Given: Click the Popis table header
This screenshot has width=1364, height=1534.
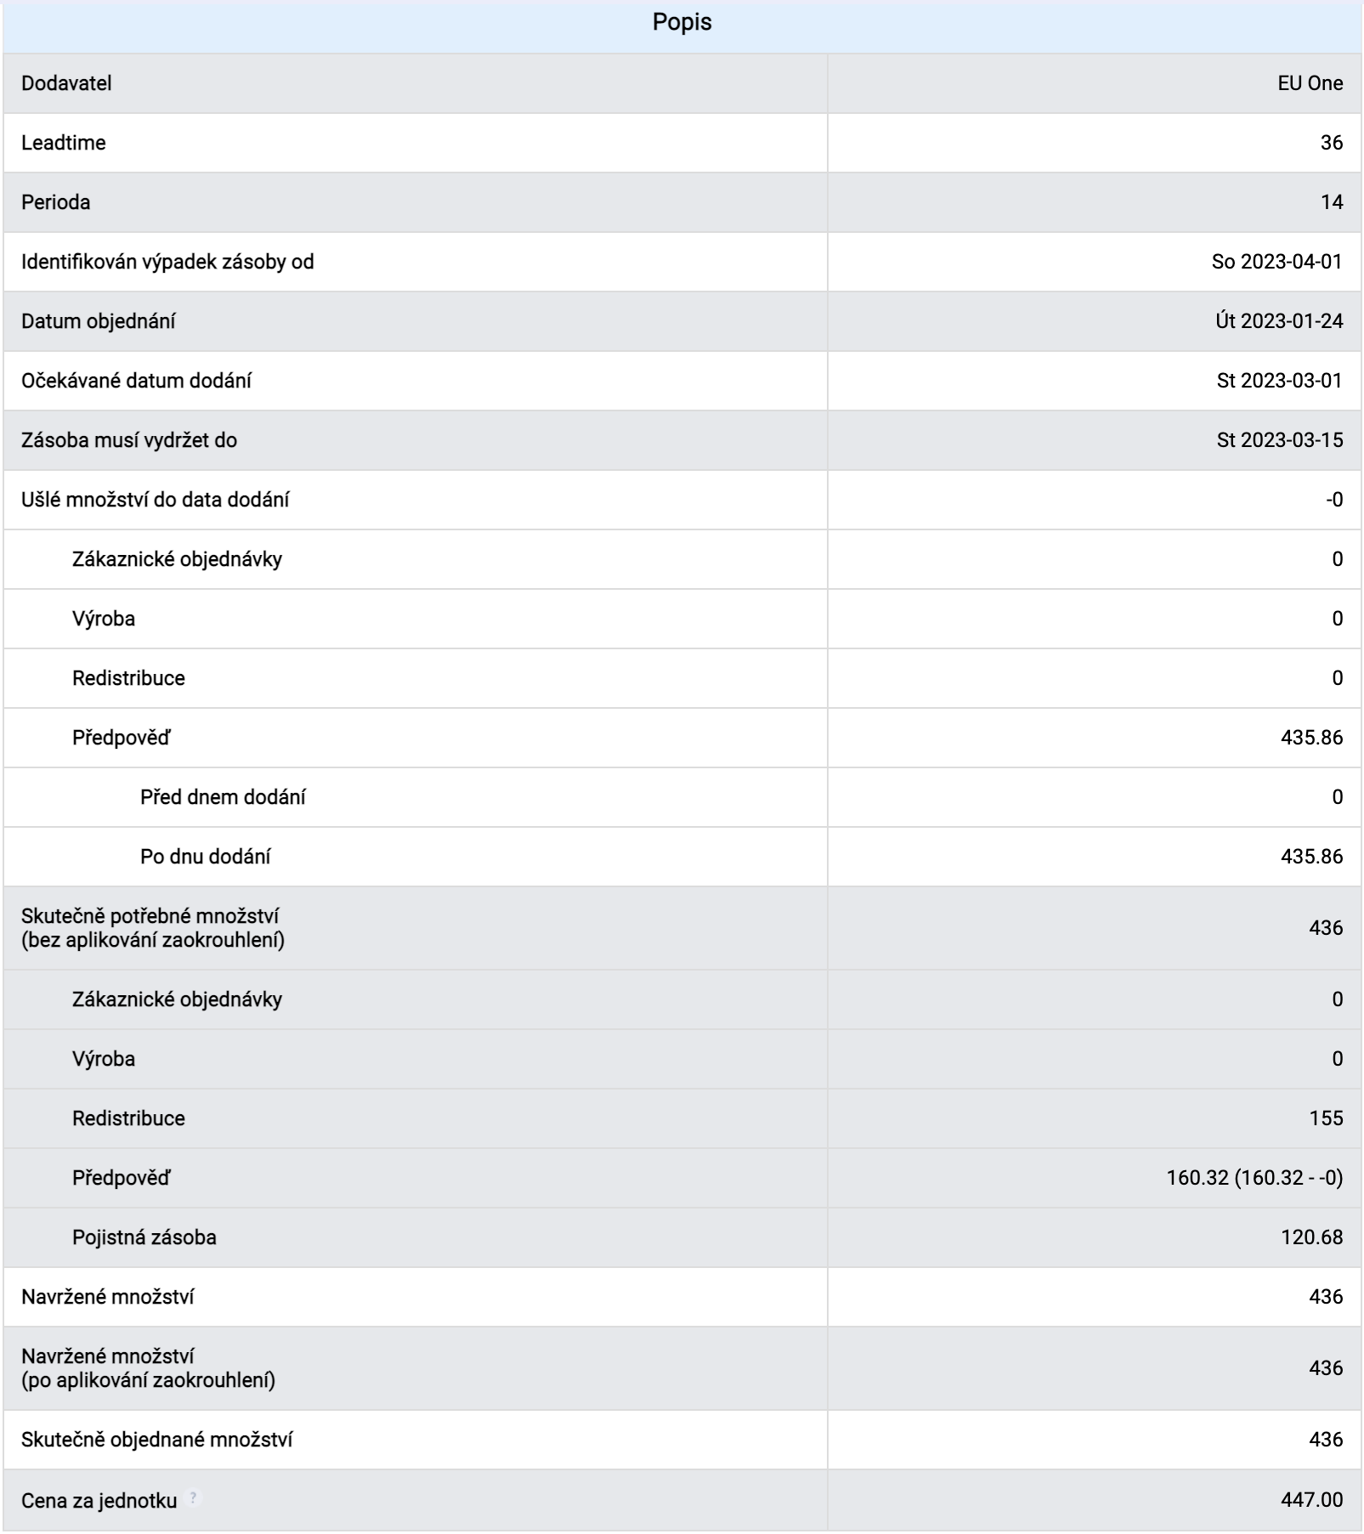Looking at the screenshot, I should pos(682,22).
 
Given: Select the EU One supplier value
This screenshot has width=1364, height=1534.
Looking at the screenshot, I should pos(1310,83).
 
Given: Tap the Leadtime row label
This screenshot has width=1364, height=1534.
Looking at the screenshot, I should pos(64,143).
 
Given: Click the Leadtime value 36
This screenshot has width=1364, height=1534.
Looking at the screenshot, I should pos(1331,143).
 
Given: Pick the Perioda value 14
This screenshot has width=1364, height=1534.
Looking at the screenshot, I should pos(1331,202).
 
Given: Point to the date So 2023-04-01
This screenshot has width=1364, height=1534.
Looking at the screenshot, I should pos(1276,262).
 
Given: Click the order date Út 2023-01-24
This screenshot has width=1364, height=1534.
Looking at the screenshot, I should pos(1278,321).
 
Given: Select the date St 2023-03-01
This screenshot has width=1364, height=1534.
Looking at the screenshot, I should pos(1279,381).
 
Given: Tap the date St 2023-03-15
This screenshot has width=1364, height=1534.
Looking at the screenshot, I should pos(1279,440).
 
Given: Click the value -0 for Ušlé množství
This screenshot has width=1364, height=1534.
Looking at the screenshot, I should pos(1333,500).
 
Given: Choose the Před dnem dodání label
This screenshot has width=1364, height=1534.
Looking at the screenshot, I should pos(223,797).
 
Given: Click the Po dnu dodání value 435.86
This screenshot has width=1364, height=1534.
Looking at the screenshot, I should pos(1311,857).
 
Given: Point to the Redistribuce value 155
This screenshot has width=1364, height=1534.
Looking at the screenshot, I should pos(1326,1118).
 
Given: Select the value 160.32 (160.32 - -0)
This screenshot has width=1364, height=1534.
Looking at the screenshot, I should pos(1254,1178).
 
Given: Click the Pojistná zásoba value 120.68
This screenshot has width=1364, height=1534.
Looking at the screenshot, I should pos(1311,1237).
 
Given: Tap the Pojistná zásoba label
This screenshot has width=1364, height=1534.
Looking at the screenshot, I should pos(144,1237).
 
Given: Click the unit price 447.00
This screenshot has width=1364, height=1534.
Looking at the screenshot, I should pos(1311,1500).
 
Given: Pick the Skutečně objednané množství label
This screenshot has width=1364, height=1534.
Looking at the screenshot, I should pos(157,1440).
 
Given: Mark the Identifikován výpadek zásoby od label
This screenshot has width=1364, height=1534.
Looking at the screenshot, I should pos(167,262).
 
